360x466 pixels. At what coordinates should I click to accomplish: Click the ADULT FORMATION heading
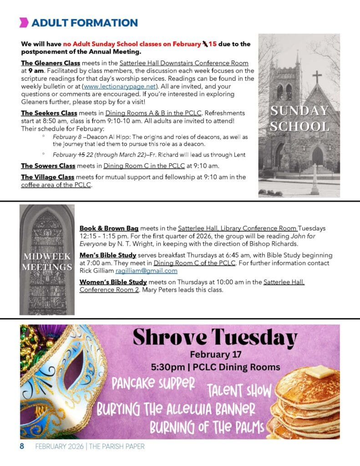(x=84, y=23)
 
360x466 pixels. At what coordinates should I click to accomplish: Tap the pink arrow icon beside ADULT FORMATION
(x=24, y=23)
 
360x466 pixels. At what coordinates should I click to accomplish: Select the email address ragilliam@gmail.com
(x=147, y=271)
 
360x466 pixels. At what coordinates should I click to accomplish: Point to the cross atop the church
(x=317, y=76)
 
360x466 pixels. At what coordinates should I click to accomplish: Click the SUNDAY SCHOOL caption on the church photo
(x=299, y=118)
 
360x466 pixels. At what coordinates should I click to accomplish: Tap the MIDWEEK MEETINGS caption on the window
(x=47, y=262)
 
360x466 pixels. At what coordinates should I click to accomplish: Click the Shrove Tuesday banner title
(x=215, y=338)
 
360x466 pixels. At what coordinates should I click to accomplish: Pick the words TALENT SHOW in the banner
(x=239, y=390)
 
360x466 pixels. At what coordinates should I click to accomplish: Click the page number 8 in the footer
(x=21, y=446)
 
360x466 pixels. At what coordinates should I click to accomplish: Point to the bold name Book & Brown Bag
(x=109, y=228)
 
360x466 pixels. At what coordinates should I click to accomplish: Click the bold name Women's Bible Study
(x=113, y=283)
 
